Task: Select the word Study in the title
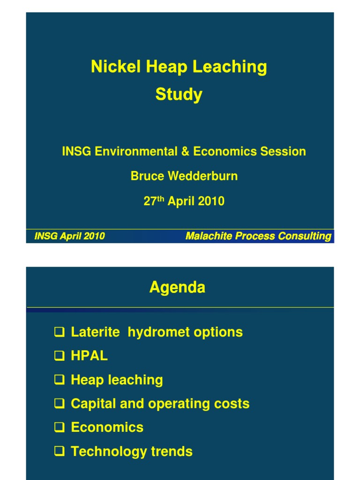point(179,95)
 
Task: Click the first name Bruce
point(146,176)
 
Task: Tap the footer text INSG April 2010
point(69,236)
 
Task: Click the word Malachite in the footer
point(209,236)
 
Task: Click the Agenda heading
point(177,287)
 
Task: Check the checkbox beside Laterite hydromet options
point(59,333)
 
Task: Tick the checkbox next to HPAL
point(59,357)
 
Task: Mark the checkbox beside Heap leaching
point(59,380)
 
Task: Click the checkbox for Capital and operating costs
point(59,404)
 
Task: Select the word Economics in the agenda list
point(107,427)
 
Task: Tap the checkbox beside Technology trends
point(59,452)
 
